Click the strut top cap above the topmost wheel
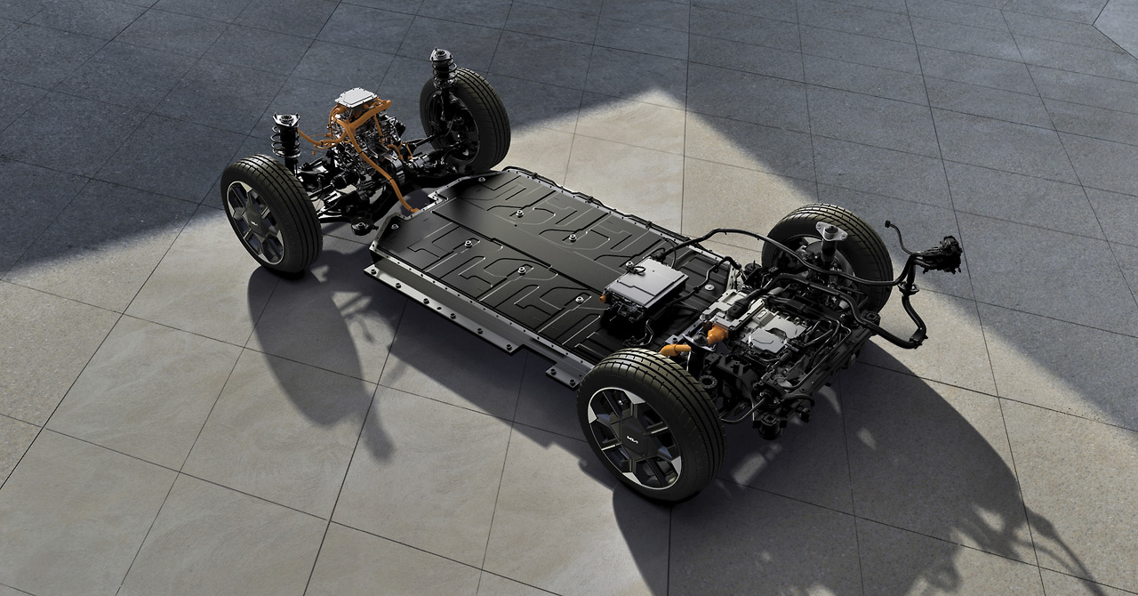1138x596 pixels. pos(441,56)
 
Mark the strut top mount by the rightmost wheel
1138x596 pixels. pos(828,233)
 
